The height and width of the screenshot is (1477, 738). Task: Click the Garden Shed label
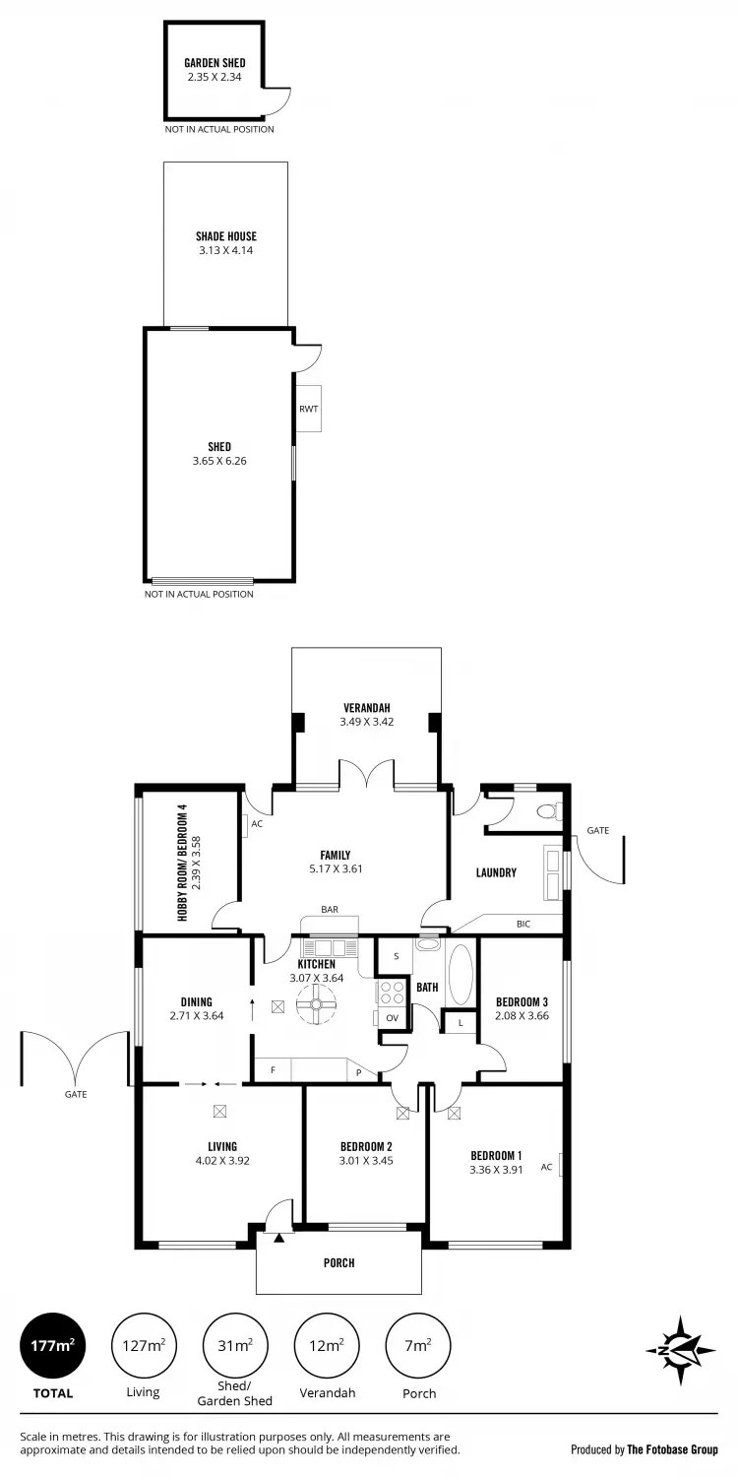click(215, 63)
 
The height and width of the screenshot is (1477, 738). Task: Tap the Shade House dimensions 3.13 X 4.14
click(225, 250)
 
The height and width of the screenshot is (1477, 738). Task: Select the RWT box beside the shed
click(308, 408)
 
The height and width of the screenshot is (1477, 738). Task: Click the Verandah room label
click(366, 708)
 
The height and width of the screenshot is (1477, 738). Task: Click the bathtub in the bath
click(461, 974)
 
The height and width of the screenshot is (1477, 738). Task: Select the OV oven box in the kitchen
click(391, 1017)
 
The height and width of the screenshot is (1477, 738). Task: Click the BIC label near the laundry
click(523, 924)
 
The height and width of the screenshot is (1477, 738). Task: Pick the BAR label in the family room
click(329, 910)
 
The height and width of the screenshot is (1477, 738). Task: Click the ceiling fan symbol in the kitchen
click(318, 1005)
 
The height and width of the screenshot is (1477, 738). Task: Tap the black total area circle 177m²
click(53, 1346)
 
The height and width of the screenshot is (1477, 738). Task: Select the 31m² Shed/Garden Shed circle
click(235, 1346)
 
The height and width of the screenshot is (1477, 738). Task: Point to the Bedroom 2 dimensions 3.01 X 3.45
click(366, 1160)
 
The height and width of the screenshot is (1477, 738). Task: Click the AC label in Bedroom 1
click(546, 1167)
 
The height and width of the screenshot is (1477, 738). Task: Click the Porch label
click(338, 1262)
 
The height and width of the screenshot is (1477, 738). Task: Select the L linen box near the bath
click(460, 1024)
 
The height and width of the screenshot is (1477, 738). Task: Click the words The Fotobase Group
click(672, 1449)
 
